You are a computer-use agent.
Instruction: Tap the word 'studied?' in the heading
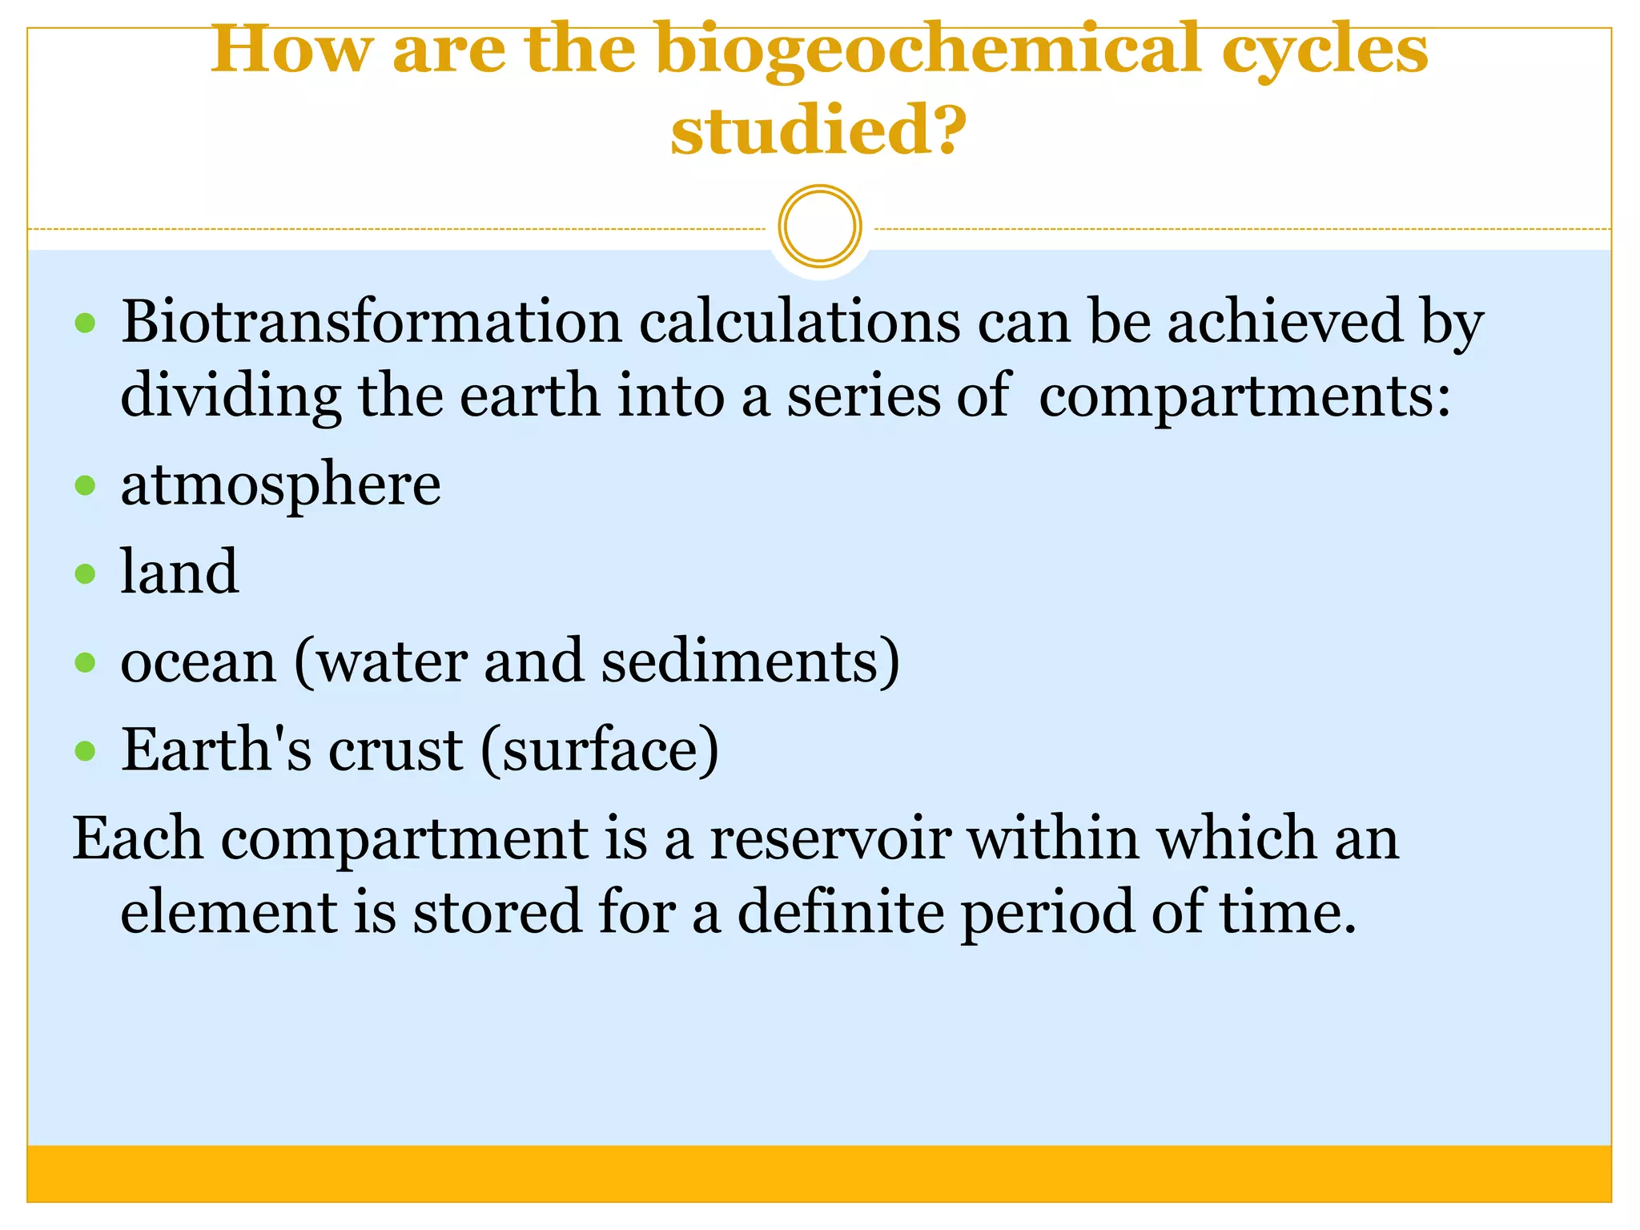[818, 131]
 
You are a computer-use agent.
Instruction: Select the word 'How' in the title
[291, 50]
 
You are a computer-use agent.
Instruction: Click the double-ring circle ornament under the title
[819, 227]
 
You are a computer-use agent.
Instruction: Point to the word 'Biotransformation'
[372, 322]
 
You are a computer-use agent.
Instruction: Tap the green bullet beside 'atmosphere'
[85, 485]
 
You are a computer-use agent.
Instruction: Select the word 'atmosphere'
[280, 485]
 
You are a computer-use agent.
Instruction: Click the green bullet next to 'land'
[85, 573]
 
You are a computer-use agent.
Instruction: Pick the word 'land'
[179, 572]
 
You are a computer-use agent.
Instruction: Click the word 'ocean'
[198, 661]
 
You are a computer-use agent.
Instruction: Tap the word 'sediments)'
[750, 661]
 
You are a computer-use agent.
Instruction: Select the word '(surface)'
[600, 750]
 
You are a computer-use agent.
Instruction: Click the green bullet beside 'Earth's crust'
[85, 751]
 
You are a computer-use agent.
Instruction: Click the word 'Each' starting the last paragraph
[138, 838]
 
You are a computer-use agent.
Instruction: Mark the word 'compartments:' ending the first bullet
[1244, 396]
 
